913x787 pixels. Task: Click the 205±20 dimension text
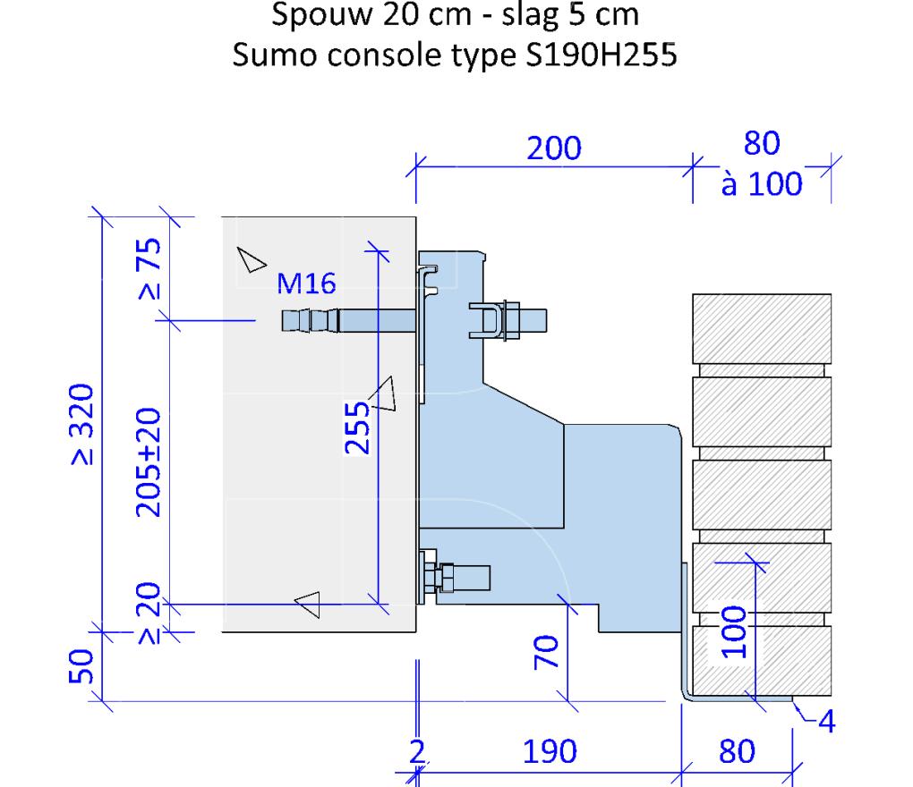point(149,462)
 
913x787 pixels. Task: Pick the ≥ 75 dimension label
point(149,268)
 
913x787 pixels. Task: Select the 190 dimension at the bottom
point(550,752)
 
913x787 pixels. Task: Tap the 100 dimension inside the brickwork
point(732,632)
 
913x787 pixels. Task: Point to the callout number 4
point(829,721)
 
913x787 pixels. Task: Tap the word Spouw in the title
point(319,17)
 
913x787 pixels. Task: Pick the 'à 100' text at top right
point(762,185)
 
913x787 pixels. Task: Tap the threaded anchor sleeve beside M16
point(309,319)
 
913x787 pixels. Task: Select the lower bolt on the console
point(456,577)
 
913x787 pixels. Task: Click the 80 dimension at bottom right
point(738,752)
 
